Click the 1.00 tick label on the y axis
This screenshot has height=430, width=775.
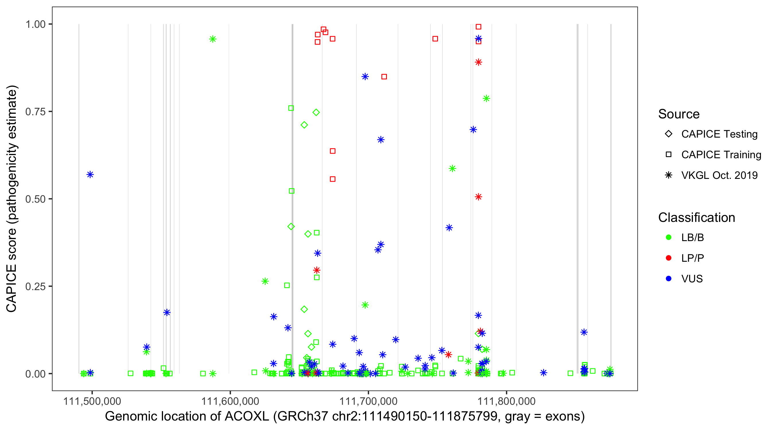click(x=35, y=24)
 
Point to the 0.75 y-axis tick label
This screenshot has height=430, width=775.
click(x=35, y=112)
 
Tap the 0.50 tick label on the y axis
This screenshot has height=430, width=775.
click(x=35, y=199)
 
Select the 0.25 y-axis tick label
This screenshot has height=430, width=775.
click(x=35, y=286)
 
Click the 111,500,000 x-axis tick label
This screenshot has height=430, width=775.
click(x=92, y=401)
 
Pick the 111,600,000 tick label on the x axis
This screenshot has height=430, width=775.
click(x=230, y=401)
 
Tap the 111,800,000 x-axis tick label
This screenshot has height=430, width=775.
click(x=507, y=401)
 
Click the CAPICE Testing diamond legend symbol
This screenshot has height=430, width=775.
click(x=669, y=134)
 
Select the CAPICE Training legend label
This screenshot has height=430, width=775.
click(x=721, y=155)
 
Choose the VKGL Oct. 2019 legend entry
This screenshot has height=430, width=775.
click(x=719, y=175)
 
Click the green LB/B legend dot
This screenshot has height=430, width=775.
click(x=669, y=237)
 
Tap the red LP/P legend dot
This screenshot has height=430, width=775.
click(x=669, y=258)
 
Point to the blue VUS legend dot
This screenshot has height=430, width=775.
click(x=669, y=279)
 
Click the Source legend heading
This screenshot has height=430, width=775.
click(x=679, y=114)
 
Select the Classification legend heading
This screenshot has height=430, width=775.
click(x=696, y=218)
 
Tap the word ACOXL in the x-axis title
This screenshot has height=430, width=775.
click(x=247, y=417)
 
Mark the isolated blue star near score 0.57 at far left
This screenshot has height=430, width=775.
click(x=90, y=175)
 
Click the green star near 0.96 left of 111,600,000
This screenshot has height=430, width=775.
click(x=213, y=39)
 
